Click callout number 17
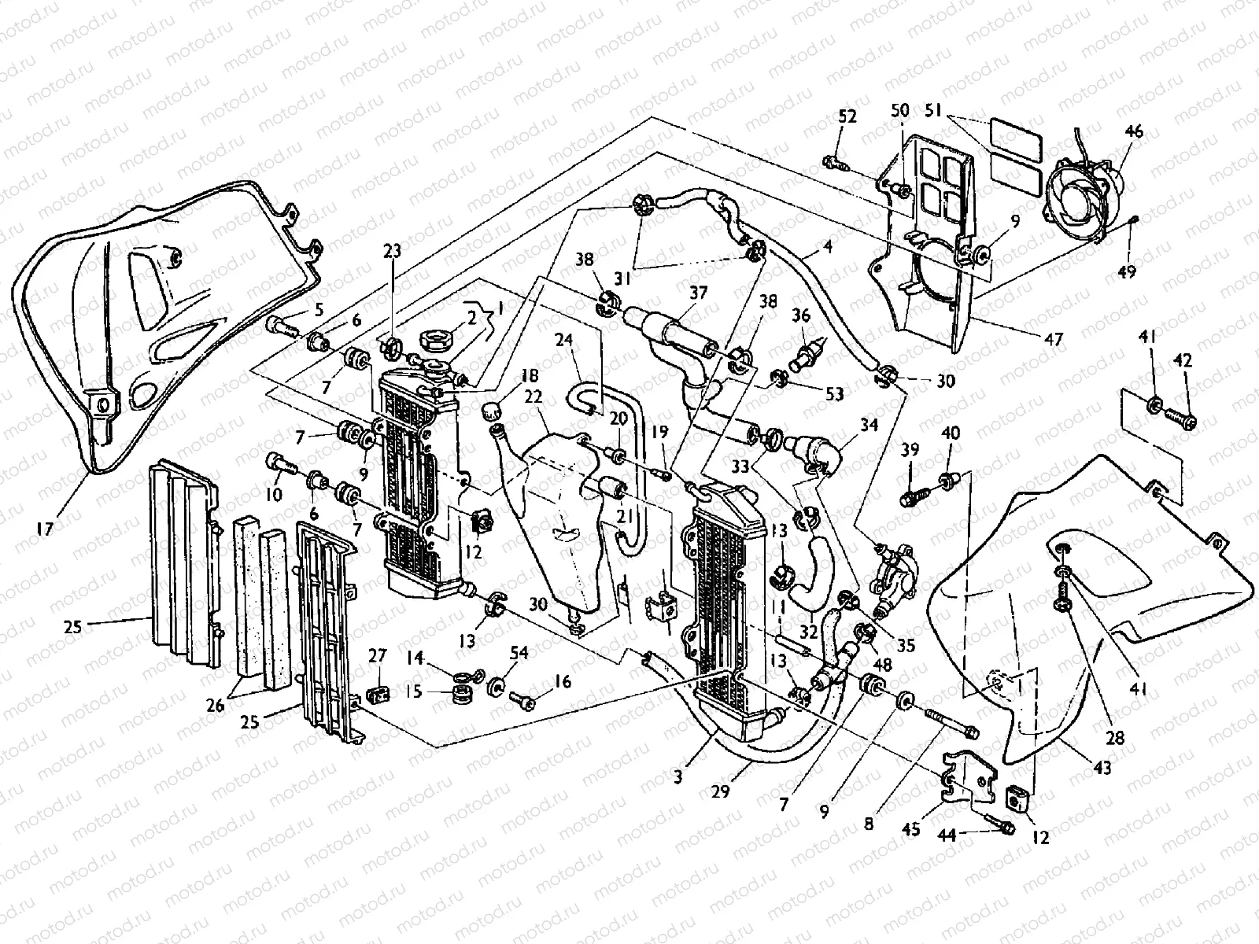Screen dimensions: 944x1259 (x=45, y=529)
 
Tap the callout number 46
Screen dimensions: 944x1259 (x=1134, y=131)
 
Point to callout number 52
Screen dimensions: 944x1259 (x=847, y=116)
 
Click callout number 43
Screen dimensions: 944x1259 (x=1102, y=768)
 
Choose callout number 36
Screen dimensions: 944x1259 (x=801, y=315)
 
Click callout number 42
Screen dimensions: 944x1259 (x=1182, y=361)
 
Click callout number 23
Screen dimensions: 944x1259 (x=392, y=252)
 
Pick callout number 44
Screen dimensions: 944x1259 (x=947, y=837)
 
